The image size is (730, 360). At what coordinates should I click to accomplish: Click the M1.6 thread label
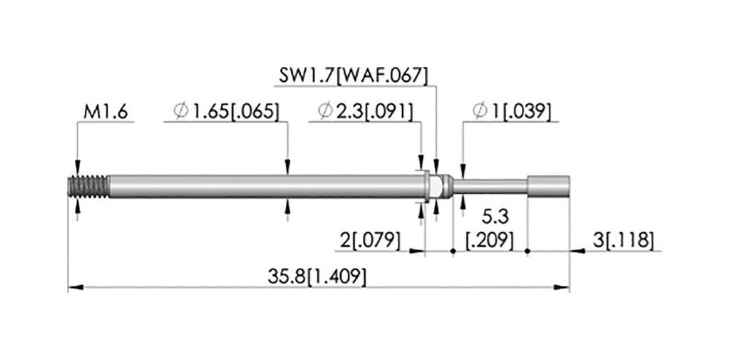coord(106,112)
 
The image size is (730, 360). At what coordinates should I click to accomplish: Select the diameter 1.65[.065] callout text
coord(226,112)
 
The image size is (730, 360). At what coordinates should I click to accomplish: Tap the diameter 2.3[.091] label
coord(365,112)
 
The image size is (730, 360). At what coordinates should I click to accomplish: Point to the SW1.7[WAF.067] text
coord(353,76)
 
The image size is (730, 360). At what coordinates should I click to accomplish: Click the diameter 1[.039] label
coord(512,112)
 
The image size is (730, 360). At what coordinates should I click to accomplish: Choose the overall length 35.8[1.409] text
coord(317,277)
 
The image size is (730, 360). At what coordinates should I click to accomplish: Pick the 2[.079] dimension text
coord(370,240)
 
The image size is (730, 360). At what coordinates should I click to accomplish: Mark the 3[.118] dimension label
coord(623,240)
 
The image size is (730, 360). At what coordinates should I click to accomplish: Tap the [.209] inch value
coord(490,241)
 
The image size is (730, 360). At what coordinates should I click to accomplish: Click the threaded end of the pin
coord(88,186)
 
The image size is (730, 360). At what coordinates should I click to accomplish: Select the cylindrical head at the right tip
coord(548,186)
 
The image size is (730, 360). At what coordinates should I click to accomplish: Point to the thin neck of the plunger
coord(490,186)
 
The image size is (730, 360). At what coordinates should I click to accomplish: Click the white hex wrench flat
coord(434,186)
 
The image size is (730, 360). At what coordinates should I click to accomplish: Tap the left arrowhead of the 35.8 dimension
coord(76,287)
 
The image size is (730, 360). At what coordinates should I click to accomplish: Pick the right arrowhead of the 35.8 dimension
coord(562,287)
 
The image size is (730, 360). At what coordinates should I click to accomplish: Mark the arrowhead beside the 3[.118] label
coord(577,251)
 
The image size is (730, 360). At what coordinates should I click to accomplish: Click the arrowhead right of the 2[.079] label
coord(417,251)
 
